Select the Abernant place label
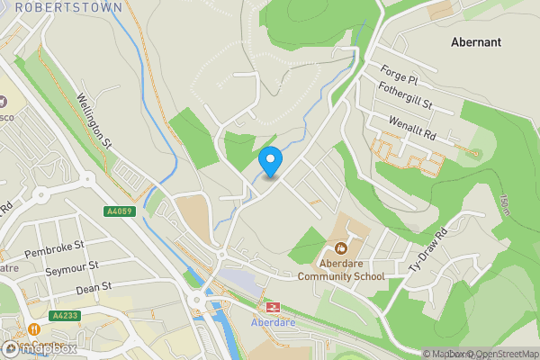[x=477, y=41]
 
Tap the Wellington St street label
[x=93, y=122]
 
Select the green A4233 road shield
[x=65, y=315]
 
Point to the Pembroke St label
[x=54, y=249]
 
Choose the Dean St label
[x=93, y=287]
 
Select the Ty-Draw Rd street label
[x=427, y=255]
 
